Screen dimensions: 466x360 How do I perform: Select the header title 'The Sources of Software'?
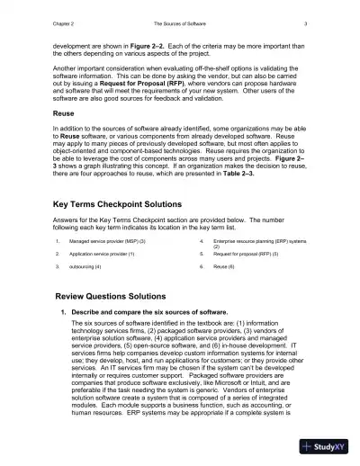[x=180, y=22]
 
